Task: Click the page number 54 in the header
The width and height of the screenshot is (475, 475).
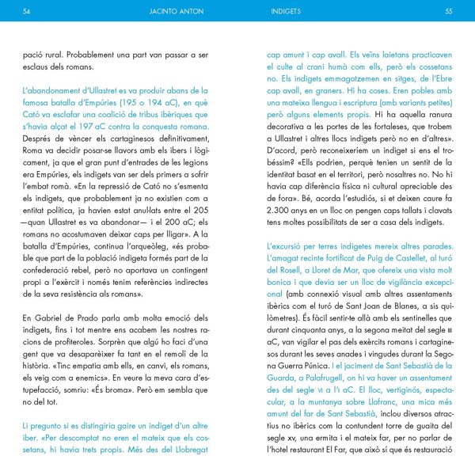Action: pyautogui.click(x=27, y=11)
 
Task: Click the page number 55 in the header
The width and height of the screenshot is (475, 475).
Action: pyautogui.click(x=448, y=11)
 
